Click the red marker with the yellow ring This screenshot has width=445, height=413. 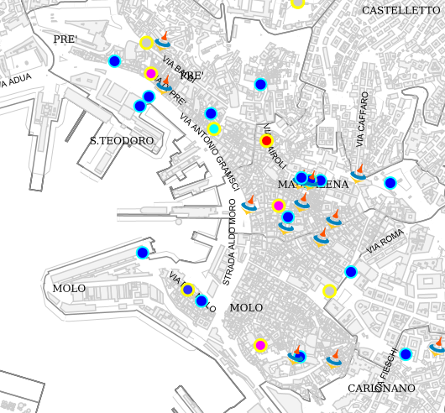tap(267, 141)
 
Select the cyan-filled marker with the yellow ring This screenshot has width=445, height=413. tap(214, 128)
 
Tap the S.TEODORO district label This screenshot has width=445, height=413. tap(122, 141)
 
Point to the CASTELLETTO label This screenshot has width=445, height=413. tap(400, 11)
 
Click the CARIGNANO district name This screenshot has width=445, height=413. tap(381, 389)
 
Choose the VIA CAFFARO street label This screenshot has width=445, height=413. tap(361, 119)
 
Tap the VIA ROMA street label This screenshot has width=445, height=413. tap(385, 242)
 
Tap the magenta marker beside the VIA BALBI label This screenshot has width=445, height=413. tap(151, 73)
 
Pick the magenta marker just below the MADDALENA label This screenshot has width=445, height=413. tap(279, 206)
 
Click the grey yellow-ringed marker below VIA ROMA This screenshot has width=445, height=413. tap(330, 291)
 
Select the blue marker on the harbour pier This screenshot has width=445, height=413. tap(143, 252)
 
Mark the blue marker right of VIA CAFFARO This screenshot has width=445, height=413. tap(390, 183)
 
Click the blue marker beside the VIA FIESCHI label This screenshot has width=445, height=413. tap(406, 354)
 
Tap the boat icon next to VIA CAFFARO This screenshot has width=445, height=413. tap(359, 173)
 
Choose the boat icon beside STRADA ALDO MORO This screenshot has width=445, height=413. tap(249, 204)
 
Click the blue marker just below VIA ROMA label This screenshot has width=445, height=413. tap(351, 271)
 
